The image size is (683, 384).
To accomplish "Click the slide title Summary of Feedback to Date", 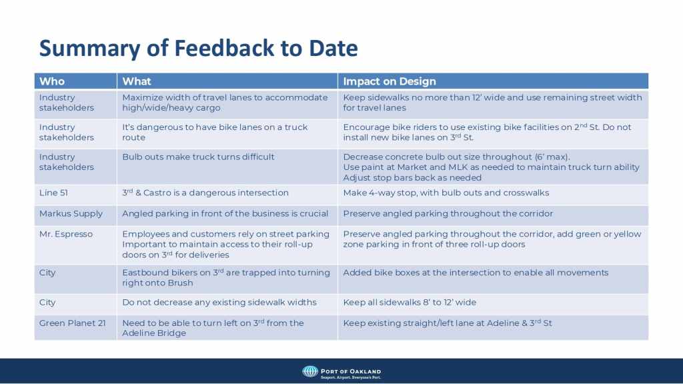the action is click(199, 48).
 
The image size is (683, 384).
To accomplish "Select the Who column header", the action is click(52, 81).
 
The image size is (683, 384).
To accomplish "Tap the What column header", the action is click(136, 81).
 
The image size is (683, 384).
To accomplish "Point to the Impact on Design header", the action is click(390, 81).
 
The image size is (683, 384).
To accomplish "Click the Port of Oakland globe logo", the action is click(310, 371).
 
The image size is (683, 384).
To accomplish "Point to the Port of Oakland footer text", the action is click(351, 371).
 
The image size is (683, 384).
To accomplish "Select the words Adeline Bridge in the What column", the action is click(154, 333).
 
